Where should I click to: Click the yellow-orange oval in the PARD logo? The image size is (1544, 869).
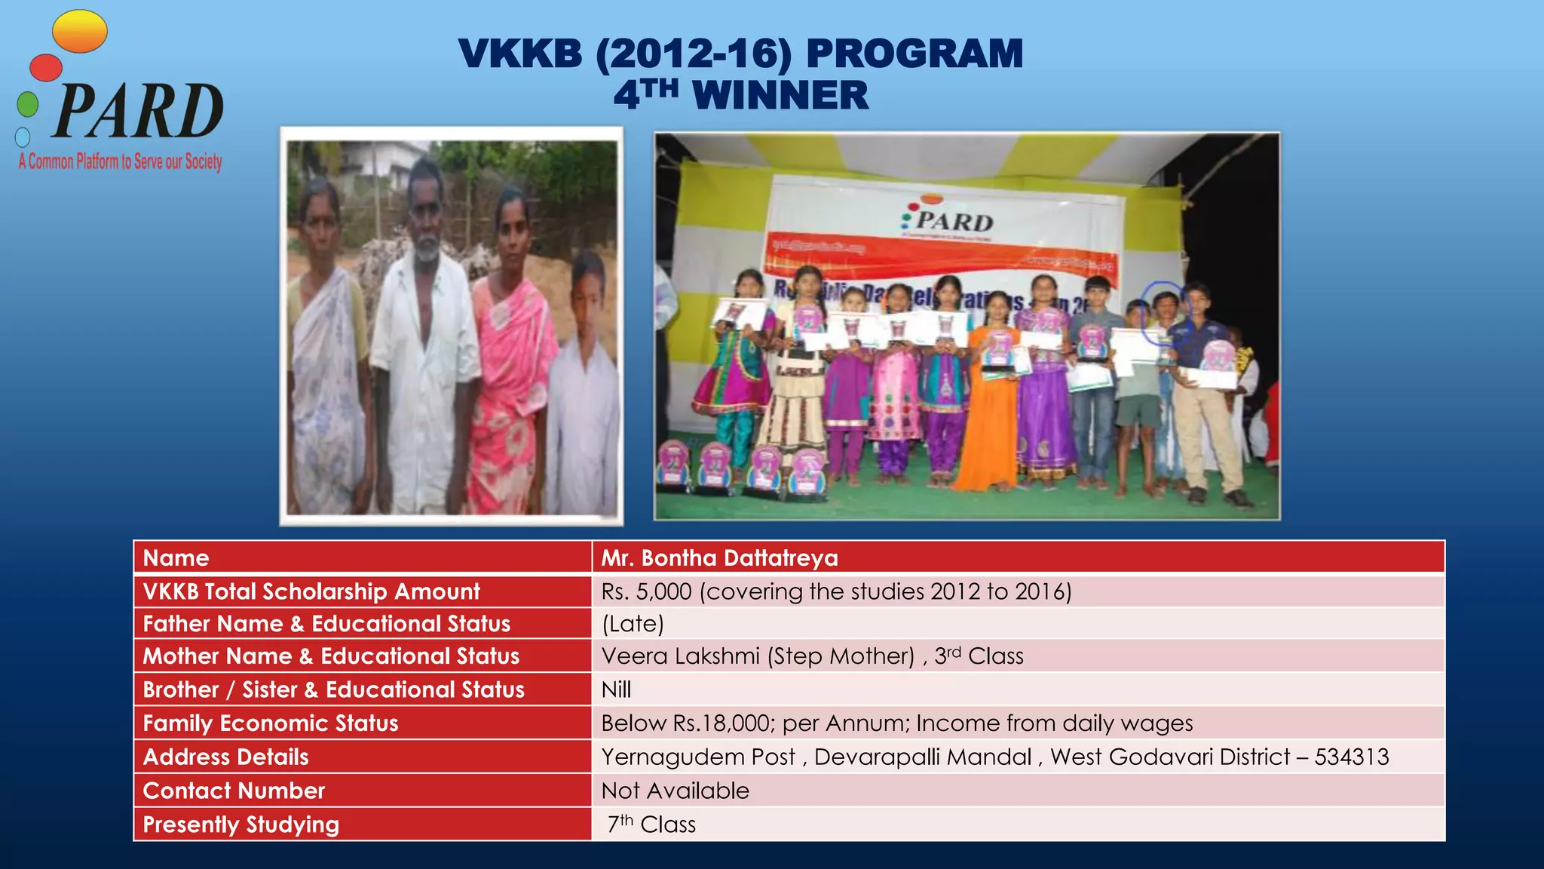click(80, 32)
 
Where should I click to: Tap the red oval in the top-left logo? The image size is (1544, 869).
click(46, 67)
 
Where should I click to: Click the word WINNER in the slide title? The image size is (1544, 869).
click(780, 96)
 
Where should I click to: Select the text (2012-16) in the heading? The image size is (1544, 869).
click(694, 54)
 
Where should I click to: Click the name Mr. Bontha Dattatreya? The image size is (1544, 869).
click(719, 558)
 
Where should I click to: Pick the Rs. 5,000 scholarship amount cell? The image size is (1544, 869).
click(835, 591)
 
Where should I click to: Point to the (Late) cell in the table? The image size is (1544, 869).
click(633, 624)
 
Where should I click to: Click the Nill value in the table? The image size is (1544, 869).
click(616, 689)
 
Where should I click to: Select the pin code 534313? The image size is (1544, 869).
click(1351, 757)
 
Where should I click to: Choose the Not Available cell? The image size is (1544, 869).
click(675, 791)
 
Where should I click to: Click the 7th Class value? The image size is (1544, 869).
click(651, 824)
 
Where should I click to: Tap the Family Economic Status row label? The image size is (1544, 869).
click(271, 723)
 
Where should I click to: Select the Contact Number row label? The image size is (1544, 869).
click(234, 791)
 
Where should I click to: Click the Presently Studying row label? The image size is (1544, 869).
click(241, 824)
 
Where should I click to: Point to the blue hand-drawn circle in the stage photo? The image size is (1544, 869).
click(1164, 312)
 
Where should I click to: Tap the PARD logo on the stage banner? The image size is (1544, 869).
click(947, 220)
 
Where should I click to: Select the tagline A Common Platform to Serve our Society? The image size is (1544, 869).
click(121, 161)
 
